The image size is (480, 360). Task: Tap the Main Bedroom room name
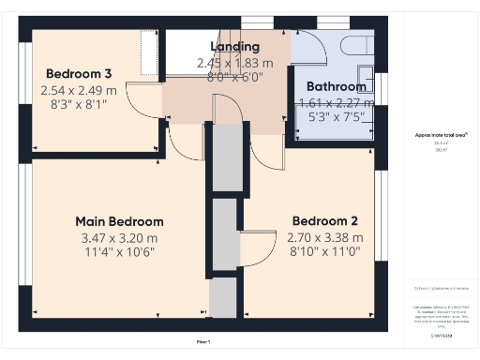pos(119,221)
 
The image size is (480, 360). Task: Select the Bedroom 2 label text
pos(324,221)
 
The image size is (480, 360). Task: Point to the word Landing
pos(234,46)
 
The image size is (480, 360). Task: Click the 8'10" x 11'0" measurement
pos(324,253)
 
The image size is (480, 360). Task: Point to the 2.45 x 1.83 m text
pos(234,63)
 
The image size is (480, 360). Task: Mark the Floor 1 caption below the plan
pos(203,340)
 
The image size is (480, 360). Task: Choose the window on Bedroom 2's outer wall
pos(381,225)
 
